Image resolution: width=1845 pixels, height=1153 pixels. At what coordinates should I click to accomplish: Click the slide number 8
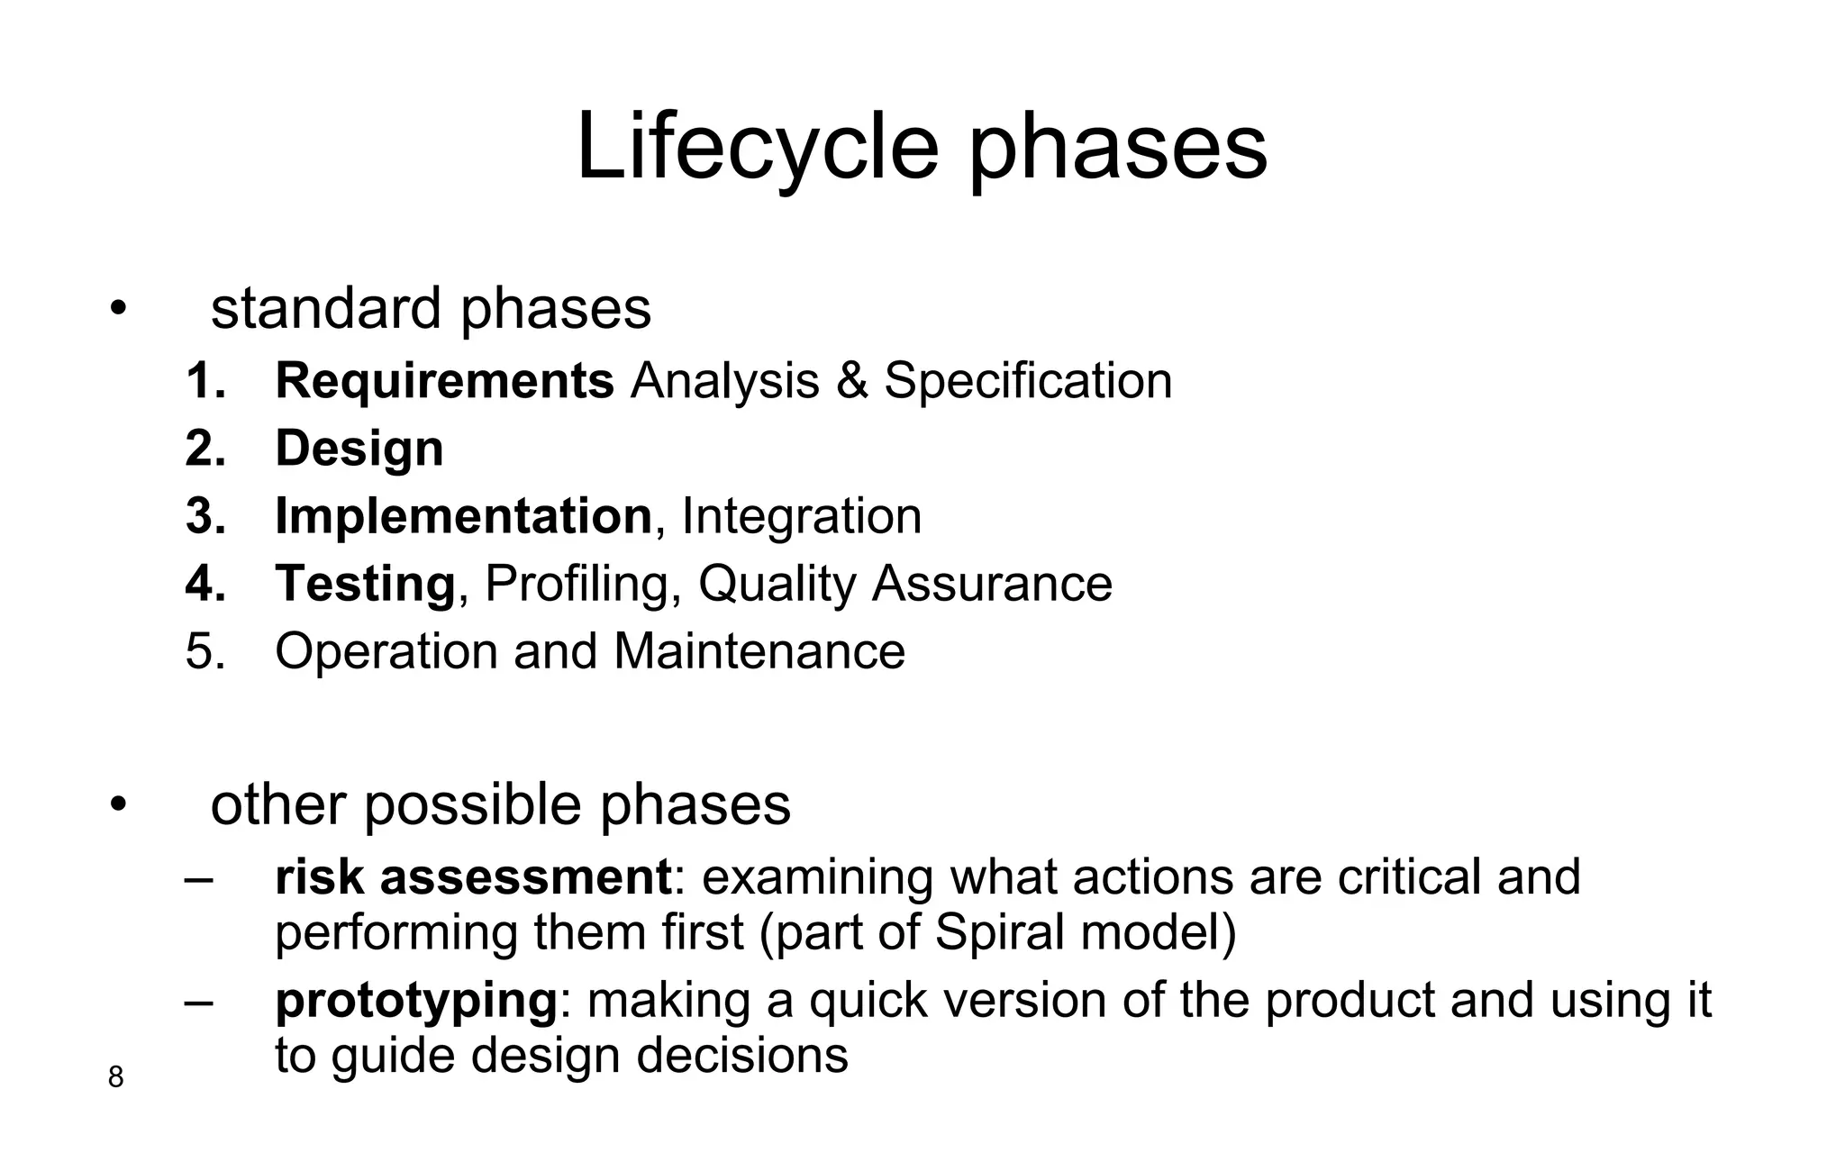(115, 1076)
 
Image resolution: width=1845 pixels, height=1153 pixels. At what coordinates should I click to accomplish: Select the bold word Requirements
(444, 380)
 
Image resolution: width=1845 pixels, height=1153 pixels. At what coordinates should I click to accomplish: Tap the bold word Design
(359, 448)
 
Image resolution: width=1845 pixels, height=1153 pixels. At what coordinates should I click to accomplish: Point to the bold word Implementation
(463, 516)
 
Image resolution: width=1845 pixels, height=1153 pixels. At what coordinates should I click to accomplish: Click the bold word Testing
(365, 584)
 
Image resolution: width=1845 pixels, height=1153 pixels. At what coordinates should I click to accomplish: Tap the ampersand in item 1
(851, 380)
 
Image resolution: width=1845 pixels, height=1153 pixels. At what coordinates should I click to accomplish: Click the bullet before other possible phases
(116, 805)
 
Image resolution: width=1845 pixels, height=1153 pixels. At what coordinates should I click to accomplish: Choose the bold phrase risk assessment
(473, 876)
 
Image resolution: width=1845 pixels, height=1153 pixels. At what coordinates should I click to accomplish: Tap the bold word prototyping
(415, 1001)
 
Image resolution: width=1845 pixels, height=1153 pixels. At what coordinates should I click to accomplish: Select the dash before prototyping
(198, 1001)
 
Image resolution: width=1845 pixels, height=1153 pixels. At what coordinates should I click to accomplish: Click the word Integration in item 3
(802, 516)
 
